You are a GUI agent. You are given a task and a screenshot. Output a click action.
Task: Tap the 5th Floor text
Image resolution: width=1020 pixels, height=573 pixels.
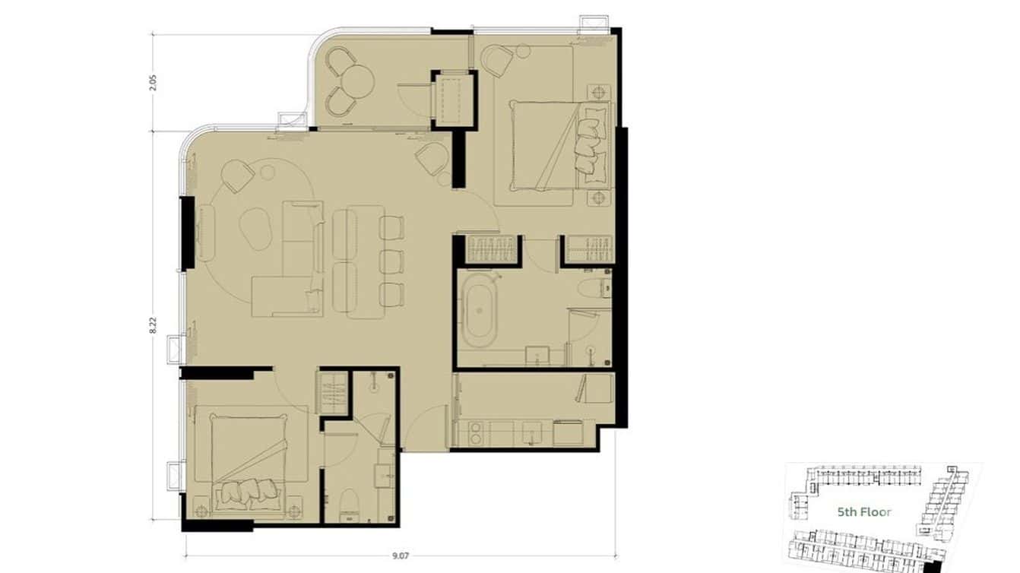(864, 512)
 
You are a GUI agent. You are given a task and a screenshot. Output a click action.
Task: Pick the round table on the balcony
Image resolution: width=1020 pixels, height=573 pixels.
(355, 79)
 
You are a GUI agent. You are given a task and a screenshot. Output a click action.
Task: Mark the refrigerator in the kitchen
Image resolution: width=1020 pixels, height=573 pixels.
(597, 388)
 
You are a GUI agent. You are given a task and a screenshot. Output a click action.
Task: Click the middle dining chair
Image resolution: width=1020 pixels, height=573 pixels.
(391, 261)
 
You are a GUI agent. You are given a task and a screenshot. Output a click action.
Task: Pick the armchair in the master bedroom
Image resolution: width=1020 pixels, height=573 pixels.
(498, 60)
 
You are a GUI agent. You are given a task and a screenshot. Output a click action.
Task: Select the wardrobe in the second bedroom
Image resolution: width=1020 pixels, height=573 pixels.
(333, 392)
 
